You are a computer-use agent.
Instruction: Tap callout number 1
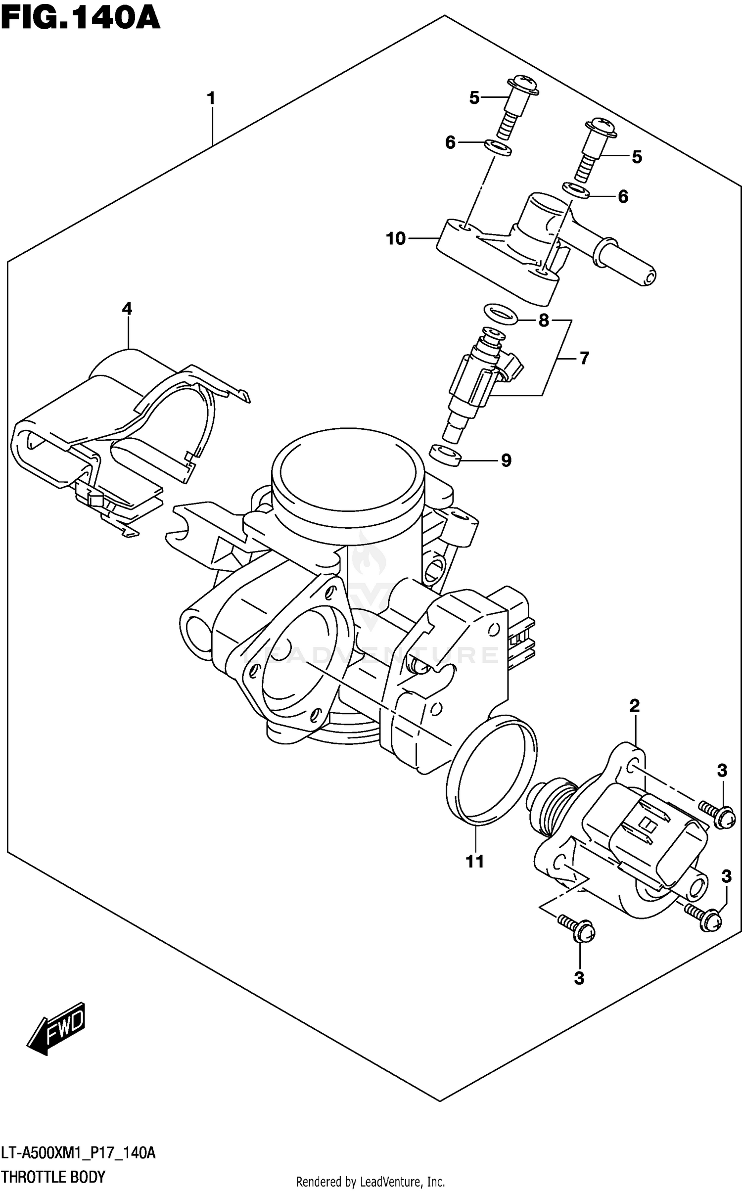point(211,99)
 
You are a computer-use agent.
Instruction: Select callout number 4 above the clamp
point(127,309)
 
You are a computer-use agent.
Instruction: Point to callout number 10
point(396,239)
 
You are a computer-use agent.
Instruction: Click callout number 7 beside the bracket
point(584,358)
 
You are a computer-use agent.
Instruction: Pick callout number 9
point(506,460)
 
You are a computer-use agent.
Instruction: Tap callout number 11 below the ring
point(475,862)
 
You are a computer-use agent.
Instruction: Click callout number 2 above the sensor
point(635,706)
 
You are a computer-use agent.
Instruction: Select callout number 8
point(544,321)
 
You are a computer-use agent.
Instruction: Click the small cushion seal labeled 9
point(444,454)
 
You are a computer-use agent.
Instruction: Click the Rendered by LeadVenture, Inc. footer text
point(371,1182)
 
